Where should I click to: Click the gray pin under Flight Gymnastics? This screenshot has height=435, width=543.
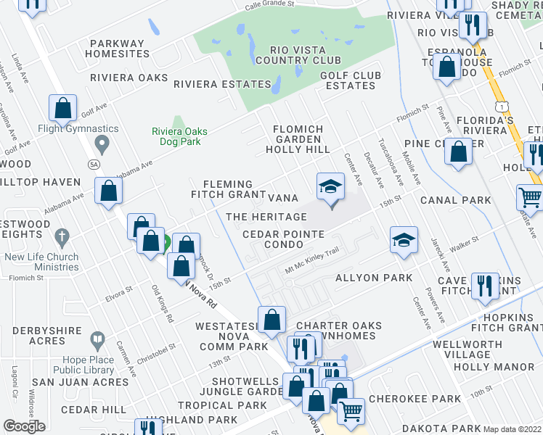tap(102, 146)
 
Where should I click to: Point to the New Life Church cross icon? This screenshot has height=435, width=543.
tap(62, 237)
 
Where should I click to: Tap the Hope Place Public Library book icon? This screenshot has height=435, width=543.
tap(97, 339)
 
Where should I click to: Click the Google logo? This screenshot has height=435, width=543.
tap(24, 426)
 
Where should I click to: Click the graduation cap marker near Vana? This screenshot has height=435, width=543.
tap(330, 188)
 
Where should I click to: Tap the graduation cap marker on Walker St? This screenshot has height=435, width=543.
tap(404, 240)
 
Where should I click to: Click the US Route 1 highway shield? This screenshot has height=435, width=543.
tap(502, 107)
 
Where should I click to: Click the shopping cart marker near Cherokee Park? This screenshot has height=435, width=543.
tap(351, 410)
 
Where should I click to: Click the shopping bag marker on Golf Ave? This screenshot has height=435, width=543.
tap(63, 109)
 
